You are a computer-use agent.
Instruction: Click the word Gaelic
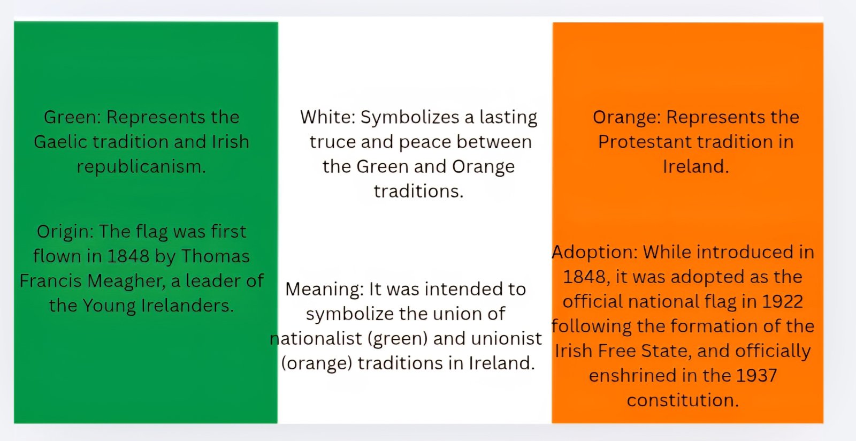pyautogui.click(x=60, y=142)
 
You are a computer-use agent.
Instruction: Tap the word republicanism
pyautogui.click(x=141, y=167)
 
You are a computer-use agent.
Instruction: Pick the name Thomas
pyautogui.click(x=215, y=256)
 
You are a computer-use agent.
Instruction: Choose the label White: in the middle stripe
pyautogui.click(x=327, y=117)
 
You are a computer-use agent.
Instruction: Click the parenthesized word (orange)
pyautogui.click(x=316, y=363)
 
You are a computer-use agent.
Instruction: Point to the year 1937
pyautogui.click(x=756, y=376)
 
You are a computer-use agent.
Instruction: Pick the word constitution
pyautogui.click(x=683, y=400)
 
